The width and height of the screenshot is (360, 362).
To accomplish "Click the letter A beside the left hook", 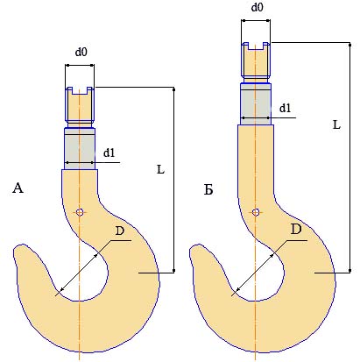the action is click(18, 188).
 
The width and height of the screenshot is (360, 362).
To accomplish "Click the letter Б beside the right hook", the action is click(208, 190).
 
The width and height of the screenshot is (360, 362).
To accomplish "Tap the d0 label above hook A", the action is click(81, 52).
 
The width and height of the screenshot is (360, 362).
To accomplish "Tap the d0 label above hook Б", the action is click(257, 7).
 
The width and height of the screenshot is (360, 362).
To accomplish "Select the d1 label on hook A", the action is click(109, 153).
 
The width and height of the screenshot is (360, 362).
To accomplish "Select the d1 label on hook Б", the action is click(285, 109).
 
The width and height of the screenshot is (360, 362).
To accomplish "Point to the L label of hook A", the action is click(160, 169).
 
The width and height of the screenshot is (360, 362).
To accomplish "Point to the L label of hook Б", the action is click(336, 124).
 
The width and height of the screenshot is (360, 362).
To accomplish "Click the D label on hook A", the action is click(120, 231).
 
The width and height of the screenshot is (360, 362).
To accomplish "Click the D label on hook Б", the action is click(296, 230).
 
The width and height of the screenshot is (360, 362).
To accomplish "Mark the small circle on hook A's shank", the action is click(80, 212).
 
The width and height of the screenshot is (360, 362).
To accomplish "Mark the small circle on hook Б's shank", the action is click(256, 212).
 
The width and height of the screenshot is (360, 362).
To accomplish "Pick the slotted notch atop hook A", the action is click(80, 90).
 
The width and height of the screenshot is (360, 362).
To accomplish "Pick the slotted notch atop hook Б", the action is click(256, 46).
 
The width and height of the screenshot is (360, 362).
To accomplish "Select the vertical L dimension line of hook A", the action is click(174, 180).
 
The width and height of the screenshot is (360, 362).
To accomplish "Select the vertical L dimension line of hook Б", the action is click(350, 158).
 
